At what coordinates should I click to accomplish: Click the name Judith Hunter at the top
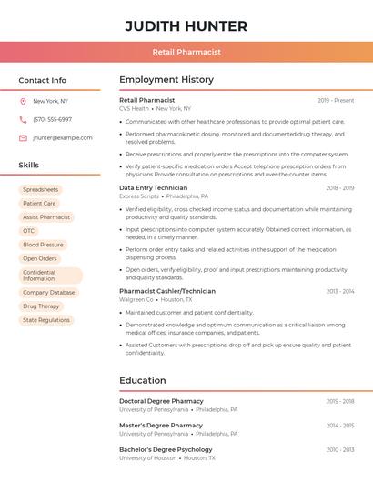[x=186, y=25]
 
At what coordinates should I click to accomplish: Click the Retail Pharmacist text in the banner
[x=186, y=52]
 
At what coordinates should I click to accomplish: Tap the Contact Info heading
[x=42, y=80]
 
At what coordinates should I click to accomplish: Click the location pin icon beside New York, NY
[x=23, y=101]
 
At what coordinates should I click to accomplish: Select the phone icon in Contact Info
[x=23, y=119]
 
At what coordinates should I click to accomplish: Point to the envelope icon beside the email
[x=23, y=138]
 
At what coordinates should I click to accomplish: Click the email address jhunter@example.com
[x=63, y=138]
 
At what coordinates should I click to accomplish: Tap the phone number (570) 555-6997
[x=52, y=119]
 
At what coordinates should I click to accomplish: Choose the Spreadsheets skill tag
[x=40, y=189]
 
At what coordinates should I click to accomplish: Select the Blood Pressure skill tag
[x=43, y=245]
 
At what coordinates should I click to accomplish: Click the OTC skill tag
[x=29, y=231]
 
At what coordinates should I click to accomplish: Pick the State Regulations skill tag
[x=46, y=320]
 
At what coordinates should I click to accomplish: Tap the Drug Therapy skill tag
[x=41, y=306]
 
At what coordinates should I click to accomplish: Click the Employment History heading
[x=166, y=80]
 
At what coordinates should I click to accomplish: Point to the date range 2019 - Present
[x=336, y=100]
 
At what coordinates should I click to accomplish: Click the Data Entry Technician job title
[x=153, y=187]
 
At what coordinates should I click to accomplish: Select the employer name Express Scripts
[x=139, y=196]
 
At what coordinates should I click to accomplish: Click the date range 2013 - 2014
[x=340, y=291]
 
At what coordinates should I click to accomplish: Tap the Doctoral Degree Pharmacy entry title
[x=161, y=401]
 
